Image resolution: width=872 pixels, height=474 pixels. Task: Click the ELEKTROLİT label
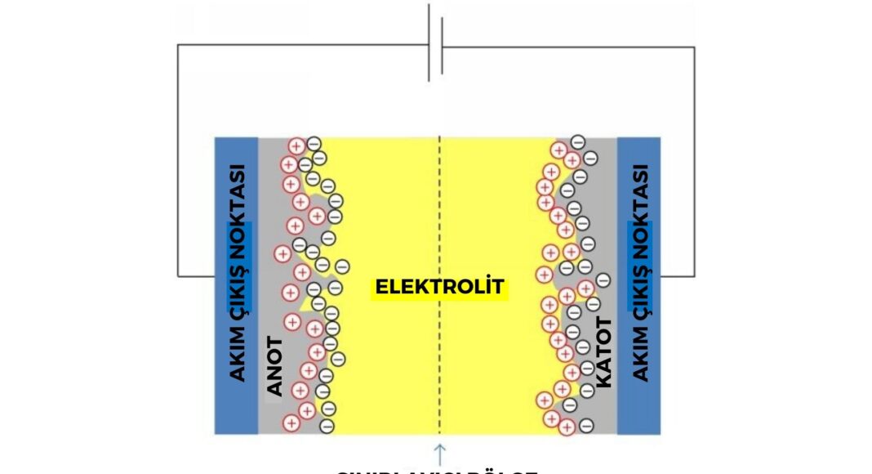[x=440, y=287]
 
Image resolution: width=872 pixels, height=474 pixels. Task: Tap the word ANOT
[x=274, y=366]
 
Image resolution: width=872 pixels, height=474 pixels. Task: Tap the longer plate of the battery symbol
[x=429, y=42]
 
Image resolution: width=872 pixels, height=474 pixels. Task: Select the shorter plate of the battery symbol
[x=442, y=47]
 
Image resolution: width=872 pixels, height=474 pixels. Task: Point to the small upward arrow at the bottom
[x=440, y=453]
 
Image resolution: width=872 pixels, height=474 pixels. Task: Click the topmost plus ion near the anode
[x=296, y=146]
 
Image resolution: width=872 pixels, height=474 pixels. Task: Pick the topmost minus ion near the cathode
[x=577, y=141]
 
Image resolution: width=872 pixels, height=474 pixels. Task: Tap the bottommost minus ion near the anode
[x=327, y=425]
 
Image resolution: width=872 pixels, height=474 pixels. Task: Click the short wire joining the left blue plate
[x=196, y=276]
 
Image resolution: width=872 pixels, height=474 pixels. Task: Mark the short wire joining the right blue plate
[x=678, y=276]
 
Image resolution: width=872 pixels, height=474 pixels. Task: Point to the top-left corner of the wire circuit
[x=178, y=46]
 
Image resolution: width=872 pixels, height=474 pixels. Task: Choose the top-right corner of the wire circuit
[x=695, y=47]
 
